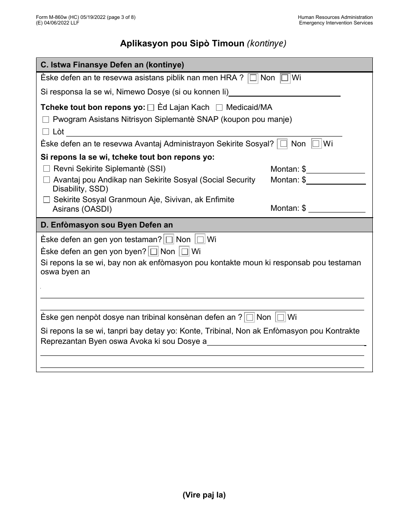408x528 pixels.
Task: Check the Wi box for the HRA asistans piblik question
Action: tap(285, 78)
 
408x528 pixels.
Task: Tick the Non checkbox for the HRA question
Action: tap(253, 78)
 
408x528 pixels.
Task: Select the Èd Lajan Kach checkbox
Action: tap(151, 108)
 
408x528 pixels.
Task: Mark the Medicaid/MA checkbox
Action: tap(219, 108)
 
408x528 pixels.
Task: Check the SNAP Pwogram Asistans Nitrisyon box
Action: tap(46, 120)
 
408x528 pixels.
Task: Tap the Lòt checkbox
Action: tap(46, 132)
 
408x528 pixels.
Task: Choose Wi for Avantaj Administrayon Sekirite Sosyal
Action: tap(316, 144)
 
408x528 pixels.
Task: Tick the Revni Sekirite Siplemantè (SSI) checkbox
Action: tap(46, 169)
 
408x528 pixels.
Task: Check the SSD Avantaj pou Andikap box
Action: tap(46, 180)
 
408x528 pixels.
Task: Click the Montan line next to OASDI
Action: tap(337, 209)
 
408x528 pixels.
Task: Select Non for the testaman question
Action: tap(169, 240)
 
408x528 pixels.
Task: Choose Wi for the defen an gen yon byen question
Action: tap(184, 252)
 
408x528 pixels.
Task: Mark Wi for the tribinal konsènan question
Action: tap(280, 318)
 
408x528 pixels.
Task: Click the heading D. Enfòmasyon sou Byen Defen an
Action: tap(107, 225)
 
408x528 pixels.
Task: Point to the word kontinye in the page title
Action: tap(267, 43)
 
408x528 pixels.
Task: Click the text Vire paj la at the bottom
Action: tap(204, 495)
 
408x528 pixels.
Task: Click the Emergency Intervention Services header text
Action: tap(336, 23)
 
